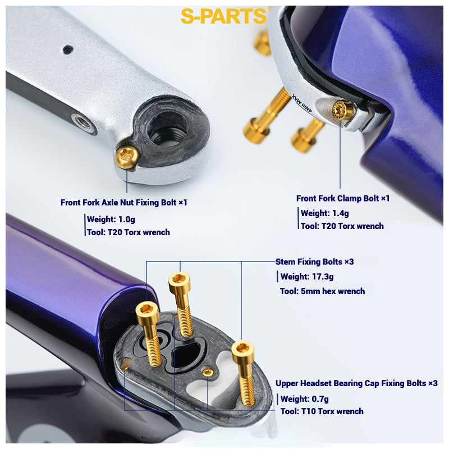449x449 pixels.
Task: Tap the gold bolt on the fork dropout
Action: [x=126, y=157]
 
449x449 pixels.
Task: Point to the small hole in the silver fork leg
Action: [x=67, y=49]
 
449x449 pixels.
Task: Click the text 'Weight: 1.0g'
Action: [x=111, y=219]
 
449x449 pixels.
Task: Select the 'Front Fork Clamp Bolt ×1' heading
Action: [x=342, y=198]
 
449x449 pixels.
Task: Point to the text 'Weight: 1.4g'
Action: [x=324, y=213]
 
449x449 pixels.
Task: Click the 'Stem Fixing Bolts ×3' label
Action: [x=314, y=262]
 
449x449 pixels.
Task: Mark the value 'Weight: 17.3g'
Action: [x=306, y=276]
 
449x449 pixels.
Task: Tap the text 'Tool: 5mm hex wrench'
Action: [x=322, y=291]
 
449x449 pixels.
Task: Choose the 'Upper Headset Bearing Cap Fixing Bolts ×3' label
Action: [x=356, y=383]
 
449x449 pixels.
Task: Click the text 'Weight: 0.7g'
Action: [x=304, y=398]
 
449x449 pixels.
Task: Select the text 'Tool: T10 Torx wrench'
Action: [x=322, y=411]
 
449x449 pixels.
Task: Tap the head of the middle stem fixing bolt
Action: [x=180, y=278]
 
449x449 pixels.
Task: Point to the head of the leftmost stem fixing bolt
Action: [x=146, y=309]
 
